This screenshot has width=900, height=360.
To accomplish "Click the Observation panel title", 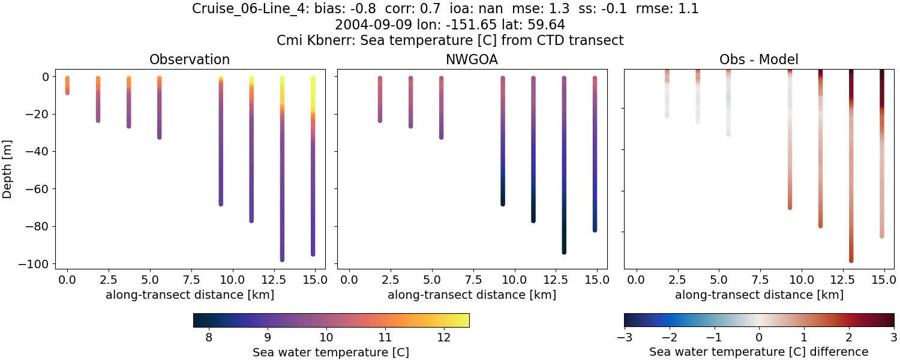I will (190, 59).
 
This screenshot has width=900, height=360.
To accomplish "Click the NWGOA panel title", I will (472, 59).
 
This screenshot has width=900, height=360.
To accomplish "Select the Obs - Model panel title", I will (759, 59).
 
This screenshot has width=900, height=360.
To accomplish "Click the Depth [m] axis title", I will (8, 170).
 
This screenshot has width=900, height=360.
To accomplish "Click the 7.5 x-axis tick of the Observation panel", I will (191, 280).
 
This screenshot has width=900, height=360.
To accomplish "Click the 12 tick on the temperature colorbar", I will (443, 338).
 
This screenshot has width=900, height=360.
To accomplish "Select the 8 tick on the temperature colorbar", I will (208, 338).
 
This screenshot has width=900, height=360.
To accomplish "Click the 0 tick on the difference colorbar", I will (759, 338).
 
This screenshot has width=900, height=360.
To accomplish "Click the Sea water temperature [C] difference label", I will (759, 352).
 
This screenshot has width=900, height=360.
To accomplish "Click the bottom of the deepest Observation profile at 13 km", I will (282, 259).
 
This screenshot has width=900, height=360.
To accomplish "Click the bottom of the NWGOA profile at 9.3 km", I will (503, 203).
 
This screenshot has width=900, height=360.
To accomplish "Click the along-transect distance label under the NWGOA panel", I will (472, 295).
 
